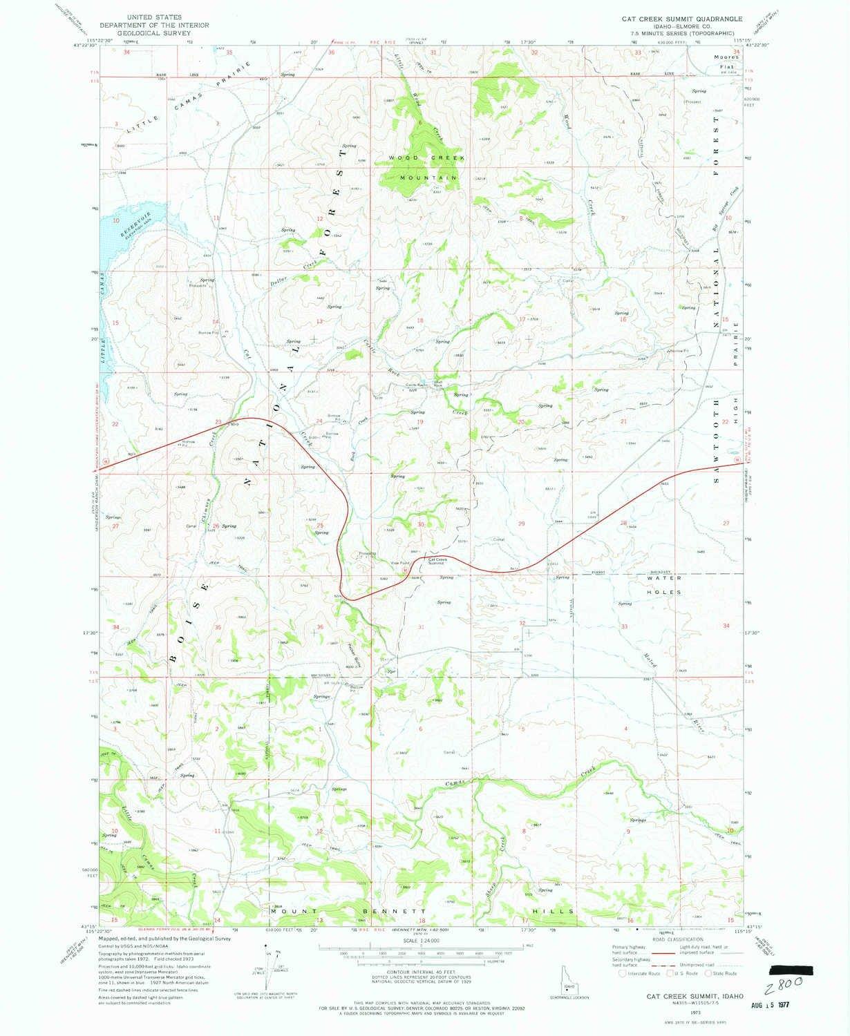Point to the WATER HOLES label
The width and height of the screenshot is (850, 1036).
click(664, 585)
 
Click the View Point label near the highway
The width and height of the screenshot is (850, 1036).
click(401, 563)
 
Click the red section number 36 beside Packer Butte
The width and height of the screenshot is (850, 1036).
click(319, 627)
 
